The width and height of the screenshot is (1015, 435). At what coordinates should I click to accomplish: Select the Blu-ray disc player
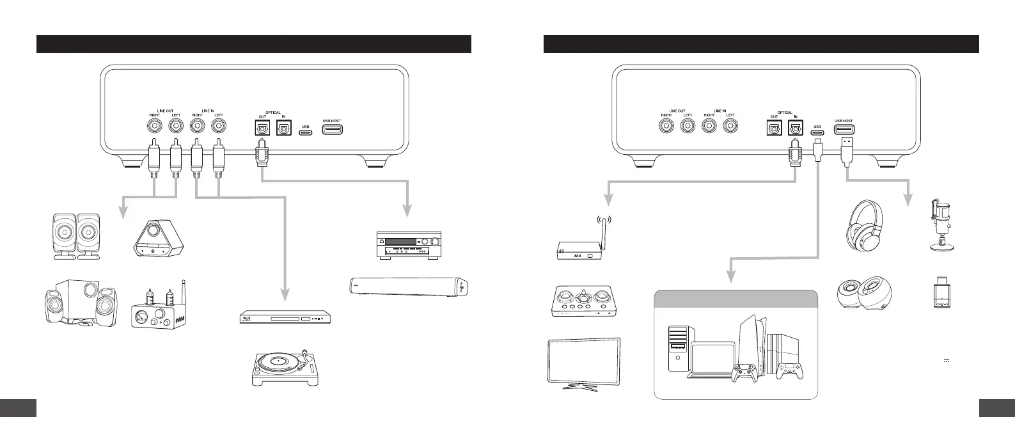[x=287, y=317]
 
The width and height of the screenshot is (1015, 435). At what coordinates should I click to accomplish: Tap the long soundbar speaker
[x=411, y=285]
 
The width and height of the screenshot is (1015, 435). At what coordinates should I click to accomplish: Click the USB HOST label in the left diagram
[x=332, y=121]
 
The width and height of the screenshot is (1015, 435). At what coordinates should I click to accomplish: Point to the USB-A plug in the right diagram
[x=845, y=148]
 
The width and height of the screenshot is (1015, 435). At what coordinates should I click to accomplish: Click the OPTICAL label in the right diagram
[x=784, y=113]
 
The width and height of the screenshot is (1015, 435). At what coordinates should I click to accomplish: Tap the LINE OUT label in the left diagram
[x=165, y=111]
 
